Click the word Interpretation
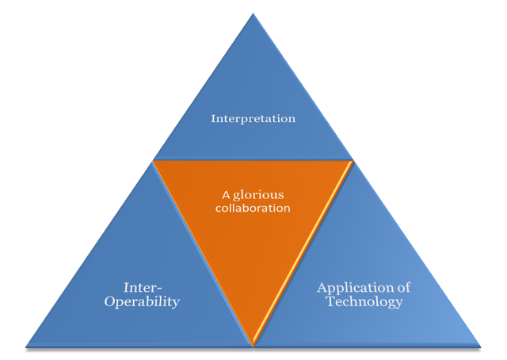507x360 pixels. point(253,119)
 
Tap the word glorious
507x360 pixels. point(258,195)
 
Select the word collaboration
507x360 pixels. point(253,208)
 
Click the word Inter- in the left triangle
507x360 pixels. point(143,288)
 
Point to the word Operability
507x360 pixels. point(142,302)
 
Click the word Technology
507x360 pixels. point(364,302)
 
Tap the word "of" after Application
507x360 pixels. point(403,287)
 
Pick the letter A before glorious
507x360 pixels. point(226,195)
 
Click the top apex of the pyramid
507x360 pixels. point(253,13)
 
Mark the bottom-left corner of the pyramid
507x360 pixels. point(26,347)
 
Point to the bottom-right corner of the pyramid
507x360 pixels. point(481,347)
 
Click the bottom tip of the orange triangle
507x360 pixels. point(253,346)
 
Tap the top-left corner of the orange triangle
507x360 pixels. point(154,161)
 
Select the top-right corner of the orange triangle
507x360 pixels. point(353,161)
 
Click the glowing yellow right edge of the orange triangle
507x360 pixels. point(303,253)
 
